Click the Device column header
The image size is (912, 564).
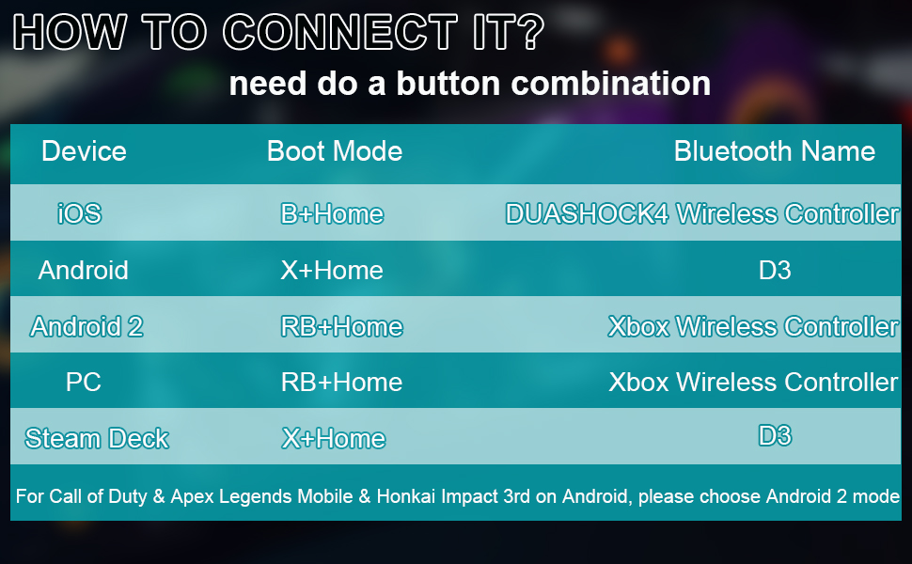click(84, 151)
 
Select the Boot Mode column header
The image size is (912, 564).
click(335, 151)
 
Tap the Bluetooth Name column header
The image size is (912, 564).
click(774, 151)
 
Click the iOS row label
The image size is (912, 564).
click(79, 213)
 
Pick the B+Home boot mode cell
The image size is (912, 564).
click(332, 214)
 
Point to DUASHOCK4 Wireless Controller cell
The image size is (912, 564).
click(702, 214)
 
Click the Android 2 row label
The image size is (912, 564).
click(86, 326)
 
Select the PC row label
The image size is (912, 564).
click(83, 382)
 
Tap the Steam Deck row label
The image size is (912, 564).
click(97, 438)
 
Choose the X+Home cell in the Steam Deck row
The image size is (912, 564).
click(333, 438)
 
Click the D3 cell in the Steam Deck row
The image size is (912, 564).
click(775, 435)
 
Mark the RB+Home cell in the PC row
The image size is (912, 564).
click(341, 382)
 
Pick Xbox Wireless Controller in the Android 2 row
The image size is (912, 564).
click(753, 326)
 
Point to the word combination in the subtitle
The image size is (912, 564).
click(611, 83)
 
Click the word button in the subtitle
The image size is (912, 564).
click(447, 83)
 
